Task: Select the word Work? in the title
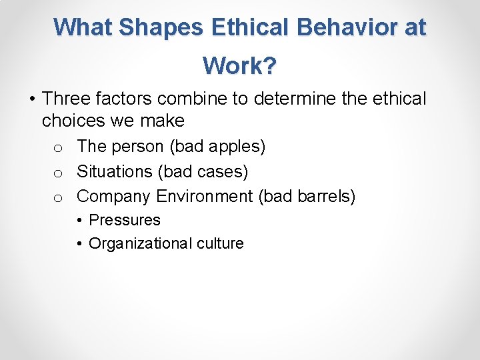click(240, 66)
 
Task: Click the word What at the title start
click(85, 27)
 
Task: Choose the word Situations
click(115, 171)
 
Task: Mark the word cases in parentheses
click(222, 171)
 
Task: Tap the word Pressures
click(125, 220)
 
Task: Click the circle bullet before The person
click(58, 147)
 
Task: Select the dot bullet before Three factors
click(32, 100)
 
